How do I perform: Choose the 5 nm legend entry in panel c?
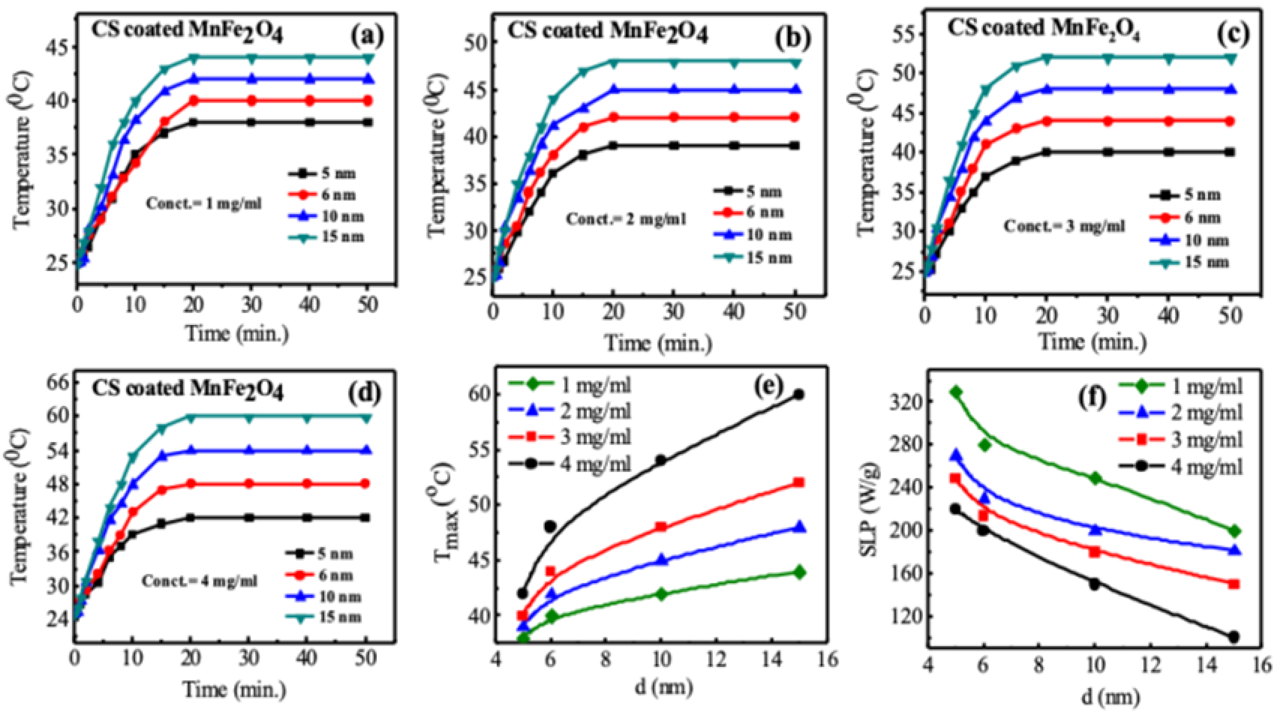click(1185, 195)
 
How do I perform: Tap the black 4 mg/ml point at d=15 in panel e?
click(799, 395)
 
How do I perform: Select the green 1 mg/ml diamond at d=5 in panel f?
click(956, 392)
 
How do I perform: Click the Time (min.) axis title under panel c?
click(1093, 342)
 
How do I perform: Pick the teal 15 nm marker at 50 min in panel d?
click(366, 418)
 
